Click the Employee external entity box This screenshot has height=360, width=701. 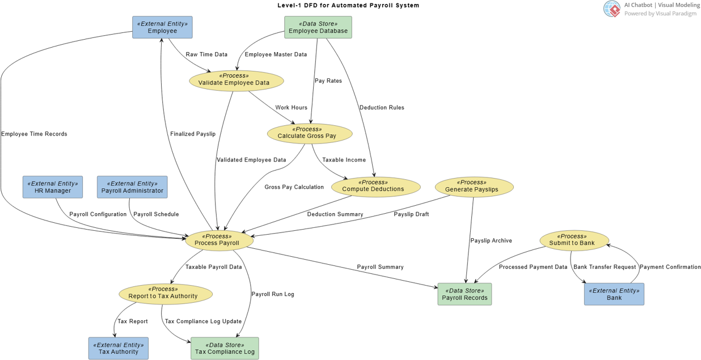[162, 27]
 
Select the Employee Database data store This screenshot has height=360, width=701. [318, 27]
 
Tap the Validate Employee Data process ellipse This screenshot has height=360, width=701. [237, 81]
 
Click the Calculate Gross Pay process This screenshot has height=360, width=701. [310, 134]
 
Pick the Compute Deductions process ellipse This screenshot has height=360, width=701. [375, 187]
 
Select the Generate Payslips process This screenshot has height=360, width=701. [474, 187]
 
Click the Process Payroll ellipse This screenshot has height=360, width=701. [219, 240]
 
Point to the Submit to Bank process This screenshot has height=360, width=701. [575, 240]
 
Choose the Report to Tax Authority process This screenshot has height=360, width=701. [166, 294]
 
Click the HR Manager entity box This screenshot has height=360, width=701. [53, 187]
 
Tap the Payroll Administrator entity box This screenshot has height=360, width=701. [132, 187]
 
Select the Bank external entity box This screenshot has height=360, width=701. [614, 294]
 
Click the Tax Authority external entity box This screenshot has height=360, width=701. [118, 348]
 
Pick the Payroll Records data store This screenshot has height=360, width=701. [464, 294]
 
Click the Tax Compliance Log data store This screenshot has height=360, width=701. [225, 348]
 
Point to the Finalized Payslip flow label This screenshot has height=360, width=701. [193, 134]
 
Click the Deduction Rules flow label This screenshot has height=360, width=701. [382, 108]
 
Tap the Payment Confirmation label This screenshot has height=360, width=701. [670, 267]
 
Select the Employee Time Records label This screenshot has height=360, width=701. [34, 134]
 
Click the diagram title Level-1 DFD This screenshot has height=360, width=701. [348, 5]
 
